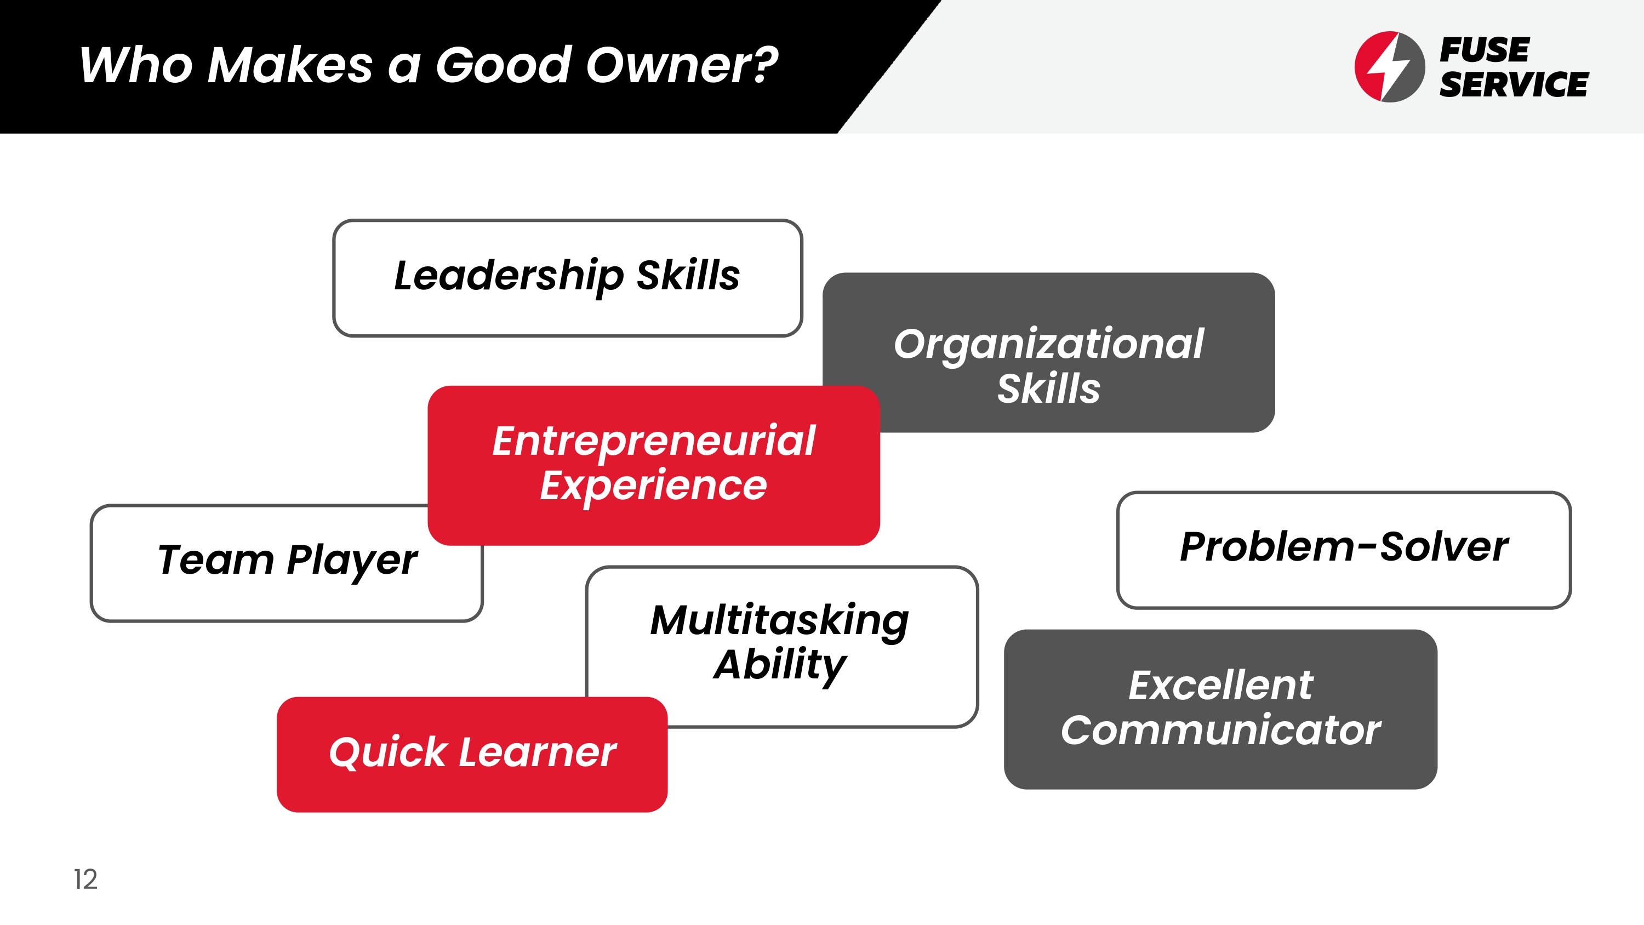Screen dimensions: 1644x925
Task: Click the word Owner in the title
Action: (682, 65)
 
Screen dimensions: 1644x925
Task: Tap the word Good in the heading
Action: (504, 65)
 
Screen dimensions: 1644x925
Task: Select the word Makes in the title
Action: (290, 65)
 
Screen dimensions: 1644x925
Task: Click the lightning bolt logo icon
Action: (1389, 66)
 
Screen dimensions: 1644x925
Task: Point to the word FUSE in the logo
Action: (1485, 50)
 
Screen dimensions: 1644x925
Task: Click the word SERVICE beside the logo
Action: (1514, 85)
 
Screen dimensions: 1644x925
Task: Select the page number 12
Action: (85, 879)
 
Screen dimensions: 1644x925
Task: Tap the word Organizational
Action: (1048, 345)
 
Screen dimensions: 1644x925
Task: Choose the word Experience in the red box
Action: (654, 487)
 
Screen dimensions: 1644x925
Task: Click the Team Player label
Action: (287, 561)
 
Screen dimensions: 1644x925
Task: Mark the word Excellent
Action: (1221, 686)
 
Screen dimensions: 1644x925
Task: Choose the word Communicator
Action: (1221, 730)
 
